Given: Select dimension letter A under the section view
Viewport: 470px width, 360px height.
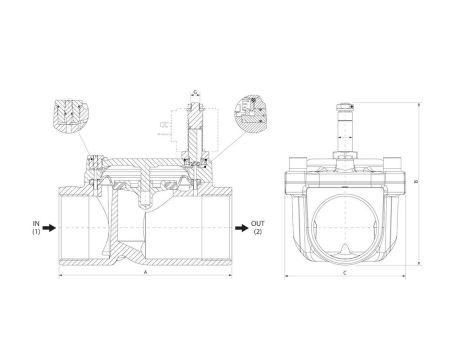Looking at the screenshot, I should point(146,272).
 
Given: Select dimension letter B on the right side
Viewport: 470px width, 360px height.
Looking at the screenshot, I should point(416,181).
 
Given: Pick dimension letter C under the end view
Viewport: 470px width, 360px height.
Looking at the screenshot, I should point(344,272).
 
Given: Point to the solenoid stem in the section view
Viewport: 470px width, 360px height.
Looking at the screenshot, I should point(195,130).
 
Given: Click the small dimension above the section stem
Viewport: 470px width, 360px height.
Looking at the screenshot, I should point(195,94).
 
